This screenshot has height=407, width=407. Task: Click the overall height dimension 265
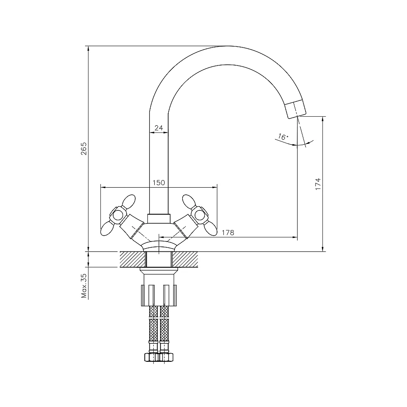pyautogui.click(x=84, y=149)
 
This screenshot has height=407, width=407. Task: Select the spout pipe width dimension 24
pyautogui.click(x=158, y=128)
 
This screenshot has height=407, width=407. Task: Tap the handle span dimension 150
pyautogui.click(x=158, y=182)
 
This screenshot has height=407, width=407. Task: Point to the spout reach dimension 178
pyautogui.click(x=228, y=232)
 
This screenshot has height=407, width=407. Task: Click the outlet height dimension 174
pyautogui.click(x=318, y=184)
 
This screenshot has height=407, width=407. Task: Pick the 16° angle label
pyautogui.click(x=283, y=137)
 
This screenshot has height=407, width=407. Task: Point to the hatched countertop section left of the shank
pyautogui.click(x=133, y=259)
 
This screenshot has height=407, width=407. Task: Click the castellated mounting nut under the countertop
pyautogui.click(x=158, y=294)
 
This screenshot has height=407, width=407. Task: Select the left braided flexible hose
pyautogui.click(x=153, y=330)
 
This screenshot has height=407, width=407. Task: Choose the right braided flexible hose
pyautogui.click(x=164, y=330)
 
